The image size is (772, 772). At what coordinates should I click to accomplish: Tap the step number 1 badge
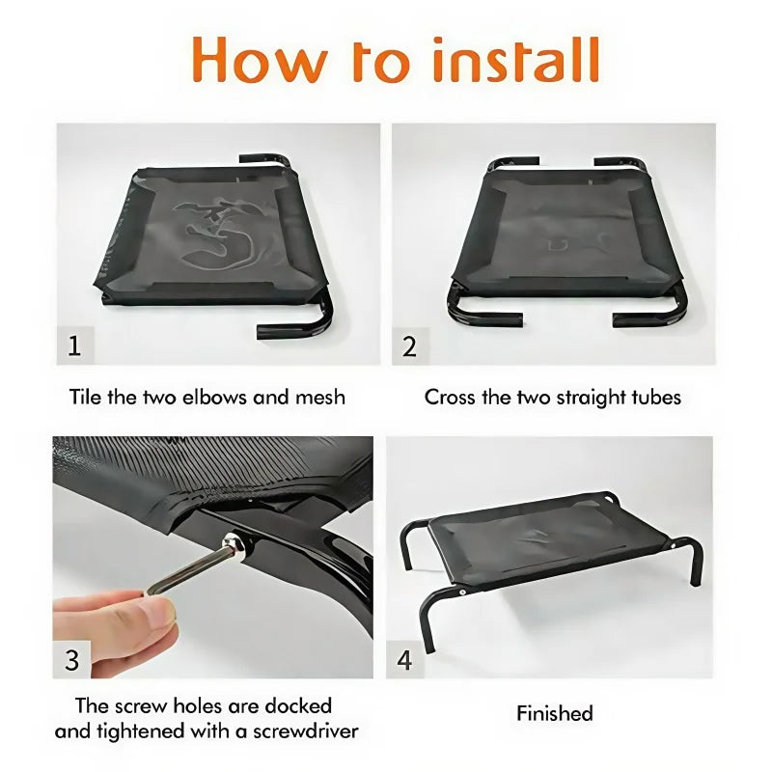coord(75,345)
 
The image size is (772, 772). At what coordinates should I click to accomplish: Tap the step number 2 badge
coord(409,345)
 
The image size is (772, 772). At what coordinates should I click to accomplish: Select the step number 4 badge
coord(405,660)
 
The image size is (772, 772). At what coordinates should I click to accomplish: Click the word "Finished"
coord(554,714)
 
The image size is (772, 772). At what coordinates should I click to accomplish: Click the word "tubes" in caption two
coord(654,397)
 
